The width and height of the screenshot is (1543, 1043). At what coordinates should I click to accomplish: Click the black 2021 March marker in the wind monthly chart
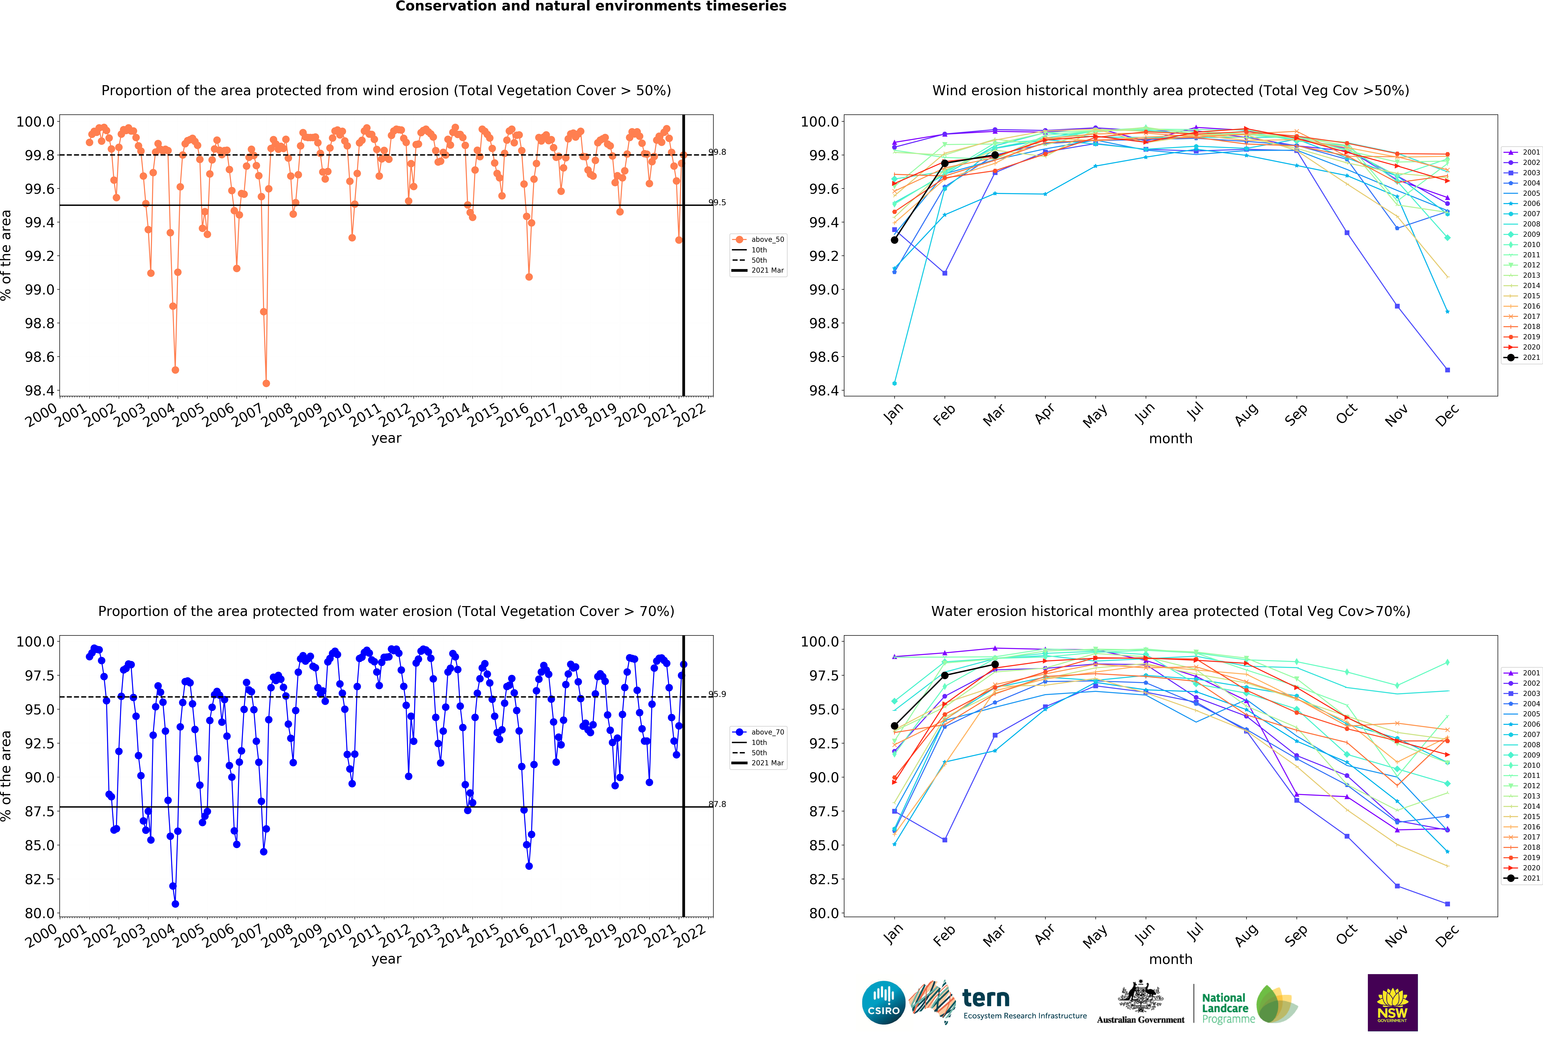[x=995, y=155]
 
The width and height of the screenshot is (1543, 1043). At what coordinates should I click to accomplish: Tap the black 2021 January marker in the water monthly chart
[x=894, y=726]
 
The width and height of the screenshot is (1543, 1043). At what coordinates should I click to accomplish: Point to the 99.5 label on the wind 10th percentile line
[x=717, y=202]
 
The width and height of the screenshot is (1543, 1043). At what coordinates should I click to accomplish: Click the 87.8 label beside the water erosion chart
[x=717, y=804]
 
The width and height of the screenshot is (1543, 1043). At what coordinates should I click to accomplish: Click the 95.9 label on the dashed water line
[x=717, y=694]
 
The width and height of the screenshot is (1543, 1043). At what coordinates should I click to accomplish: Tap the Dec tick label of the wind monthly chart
[x=1446, y=415]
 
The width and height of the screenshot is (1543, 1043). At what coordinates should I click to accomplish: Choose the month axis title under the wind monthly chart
[x=1171, y=439]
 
